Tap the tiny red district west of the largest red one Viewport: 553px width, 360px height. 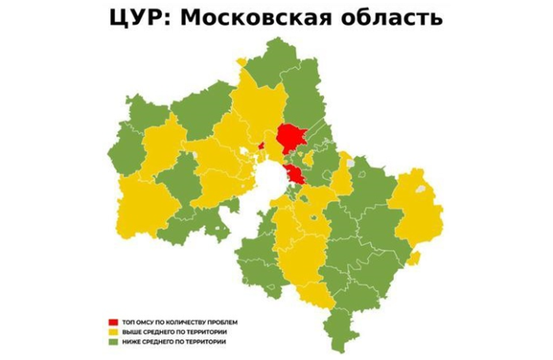(261, 145)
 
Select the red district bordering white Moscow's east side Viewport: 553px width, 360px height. (295, 175)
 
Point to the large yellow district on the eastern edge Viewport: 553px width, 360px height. (415, 215)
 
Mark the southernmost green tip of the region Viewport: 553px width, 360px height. (340, 346)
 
